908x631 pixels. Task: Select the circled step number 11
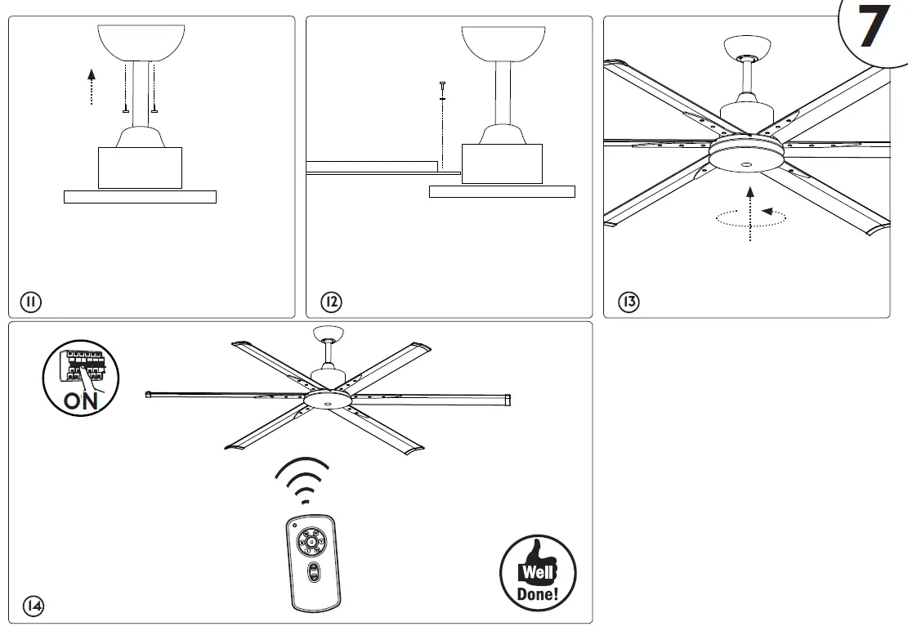pos(30,302)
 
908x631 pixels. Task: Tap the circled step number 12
pos(331,302)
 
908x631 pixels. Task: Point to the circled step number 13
pos(628,302)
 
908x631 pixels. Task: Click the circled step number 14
pos(33,606)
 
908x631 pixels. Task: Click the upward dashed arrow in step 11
pos(92,87)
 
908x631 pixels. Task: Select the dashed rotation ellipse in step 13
pos(750,217)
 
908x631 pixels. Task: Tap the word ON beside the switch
pos(81,401)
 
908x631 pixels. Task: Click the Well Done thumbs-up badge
pos(537,573)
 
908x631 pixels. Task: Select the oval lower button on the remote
pos(313,573)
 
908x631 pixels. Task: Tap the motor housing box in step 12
pos(502,163)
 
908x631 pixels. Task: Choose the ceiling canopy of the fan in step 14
pos(329,333)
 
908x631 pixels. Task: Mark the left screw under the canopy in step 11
pos(125,111)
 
